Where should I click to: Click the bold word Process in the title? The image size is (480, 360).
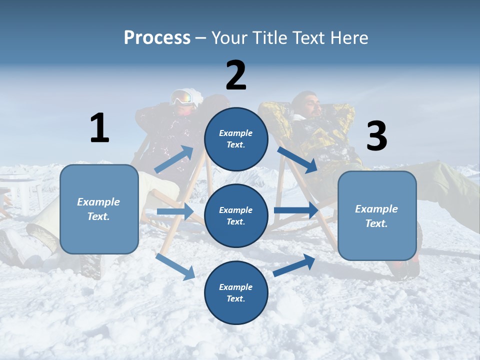coord(157,37)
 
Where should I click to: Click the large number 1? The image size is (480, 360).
coord(99,127)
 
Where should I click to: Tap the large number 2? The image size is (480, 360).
coord(236,75)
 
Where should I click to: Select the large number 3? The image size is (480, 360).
coord(376,136)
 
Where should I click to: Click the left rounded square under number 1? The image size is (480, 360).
coord(99,209)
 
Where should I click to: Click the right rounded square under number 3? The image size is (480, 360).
coord(377,215)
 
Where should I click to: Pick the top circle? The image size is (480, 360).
coord(236,139)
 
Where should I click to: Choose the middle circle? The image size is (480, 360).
coord(236,215)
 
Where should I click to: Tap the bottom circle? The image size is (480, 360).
coord(236,292)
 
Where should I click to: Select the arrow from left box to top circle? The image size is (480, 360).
coord(174,159)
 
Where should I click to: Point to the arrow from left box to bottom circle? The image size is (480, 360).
coord(175,266)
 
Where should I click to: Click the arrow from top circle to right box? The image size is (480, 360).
coord(297,159)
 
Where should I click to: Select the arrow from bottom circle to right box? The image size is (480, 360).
coord(294,265)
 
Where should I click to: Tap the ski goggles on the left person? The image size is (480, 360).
coord(182,97)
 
